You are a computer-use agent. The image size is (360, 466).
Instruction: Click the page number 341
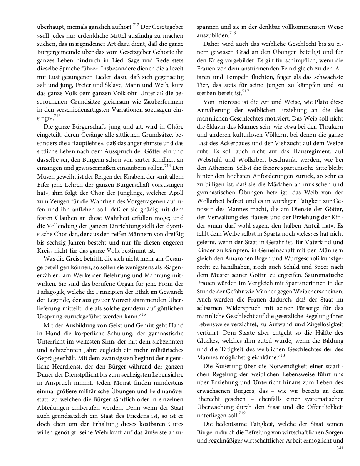[x=339, y=448]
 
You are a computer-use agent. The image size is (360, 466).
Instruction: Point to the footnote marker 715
[x=142, y=315]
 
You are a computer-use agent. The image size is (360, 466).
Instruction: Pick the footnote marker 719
[x=241, y=413]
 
